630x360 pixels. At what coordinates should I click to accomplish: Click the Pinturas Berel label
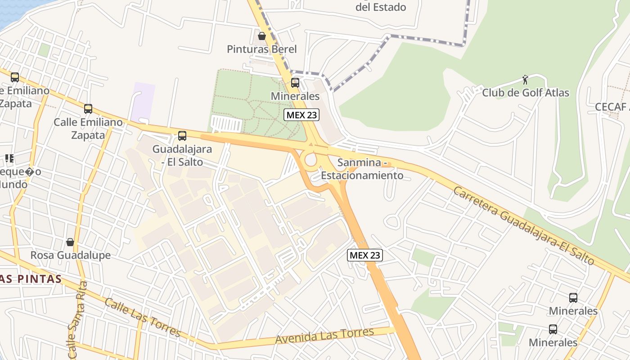(261, 49)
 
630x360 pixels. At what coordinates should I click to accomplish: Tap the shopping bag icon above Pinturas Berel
(261, 36)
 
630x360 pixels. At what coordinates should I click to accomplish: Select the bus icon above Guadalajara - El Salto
(182, 135)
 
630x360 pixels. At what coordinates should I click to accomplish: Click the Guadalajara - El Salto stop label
(182, 155)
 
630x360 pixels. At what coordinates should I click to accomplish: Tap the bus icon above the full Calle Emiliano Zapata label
(88, 108)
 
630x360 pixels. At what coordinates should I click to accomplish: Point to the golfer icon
(525, 80)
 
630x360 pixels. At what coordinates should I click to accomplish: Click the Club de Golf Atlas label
(526, 93)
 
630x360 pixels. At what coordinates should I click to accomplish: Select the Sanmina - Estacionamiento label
(362, 169)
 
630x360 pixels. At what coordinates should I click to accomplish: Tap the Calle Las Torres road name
(142, 317)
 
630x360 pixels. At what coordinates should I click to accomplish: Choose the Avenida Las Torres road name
(325, 336)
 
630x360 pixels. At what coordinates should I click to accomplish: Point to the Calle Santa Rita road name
(77, 320)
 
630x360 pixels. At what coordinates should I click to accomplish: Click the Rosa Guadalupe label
(70, 255)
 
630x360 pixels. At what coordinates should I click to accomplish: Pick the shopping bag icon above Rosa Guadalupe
(70, 242)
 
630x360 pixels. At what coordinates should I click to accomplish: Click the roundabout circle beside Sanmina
(310, 160)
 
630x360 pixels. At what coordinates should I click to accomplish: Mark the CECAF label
(612, 107)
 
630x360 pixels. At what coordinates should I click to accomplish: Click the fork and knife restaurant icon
(9, 158)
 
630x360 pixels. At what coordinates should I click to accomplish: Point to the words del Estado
(381, 7)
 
